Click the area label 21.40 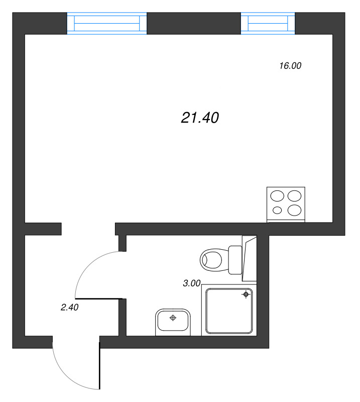pos(200,118)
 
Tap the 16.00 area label pos(290,65)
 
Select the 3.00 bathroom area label pos(192,283)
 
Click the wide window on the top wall pos(107,24)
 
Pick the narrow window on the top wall pos(268,24)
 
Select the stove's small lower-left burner pos(277,210)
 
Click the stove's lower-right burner pos(295,209)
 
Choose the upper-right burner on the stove pos(296,195)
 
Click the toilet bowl pos(212,260)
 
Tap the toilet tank pos(235,260)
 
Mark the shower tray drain pos(246,294)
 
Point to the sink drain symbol pos(173,318)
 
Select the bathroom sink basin pos(173,320)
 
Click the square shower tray pos(229,312)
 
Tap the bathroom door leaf pos(99,299)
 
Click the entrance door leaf pos(100,366)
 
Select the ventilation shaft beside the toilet pos(250,258)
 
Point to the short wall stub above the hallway pos(43,229)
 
